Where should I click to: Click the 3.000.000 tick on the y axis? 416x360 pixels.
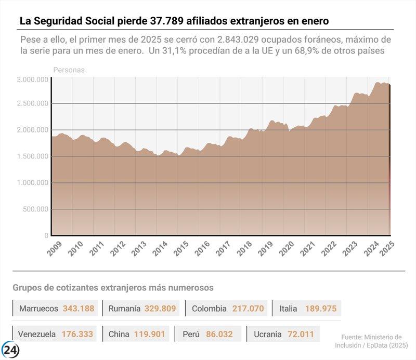coord(32,79)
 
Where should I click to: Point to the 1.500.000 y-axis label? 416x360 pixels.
coord(32,156)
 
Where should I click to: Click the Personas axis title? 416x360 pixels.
coord(69,69)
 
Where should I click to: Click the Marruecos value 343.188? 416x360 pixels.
coord(79,309)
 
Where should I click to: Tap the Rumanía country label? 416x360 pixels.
coord(124,309)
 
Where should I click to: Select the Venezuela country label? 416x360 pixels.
coord(37,334)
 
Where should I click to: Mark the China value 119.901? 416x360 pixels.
coord(150,334)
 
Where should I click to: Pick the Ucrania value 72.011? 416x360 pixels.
coord(301,334)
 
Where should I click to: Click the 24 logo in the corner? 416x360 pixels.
coord(10,350)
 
